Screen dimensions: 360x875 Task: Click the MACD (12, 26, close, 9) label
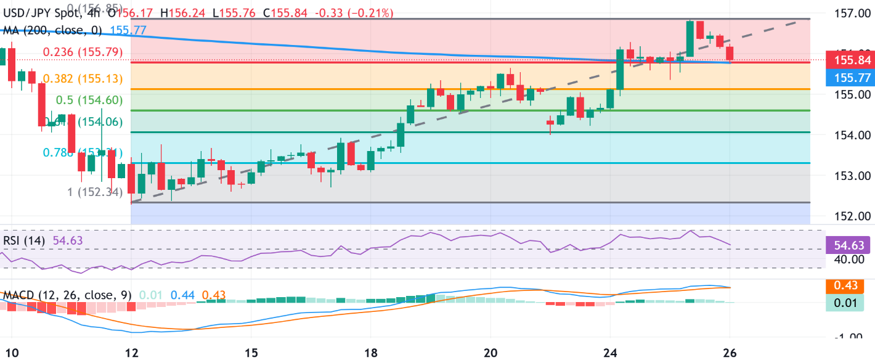tap(67, 295)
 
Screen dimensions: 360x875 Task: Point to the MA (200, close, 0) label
tap(53, 29)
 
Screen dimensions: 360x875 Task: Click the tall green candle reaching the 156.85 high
tap(690, 38)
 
